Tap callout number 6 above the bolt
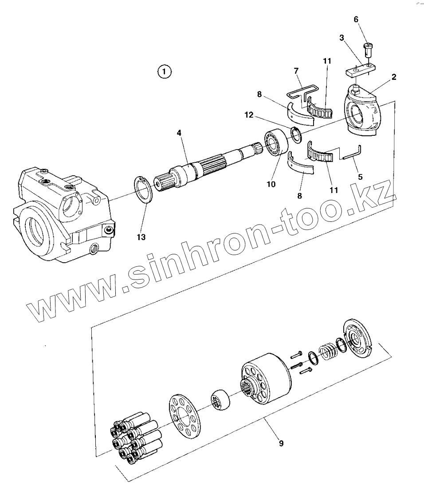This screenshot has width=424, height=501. pos(356,20)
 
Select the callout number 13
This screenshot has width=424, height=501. pos(141,237)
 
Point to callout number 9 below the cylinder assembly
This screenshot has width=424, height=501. pos(281,443)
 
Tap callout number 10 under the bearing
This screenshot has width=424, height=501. pos(270,183)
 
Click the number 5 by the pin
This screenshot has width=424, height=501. pos(360,177)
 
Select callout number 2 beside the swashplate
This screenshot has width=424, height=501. pos(394,77)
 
